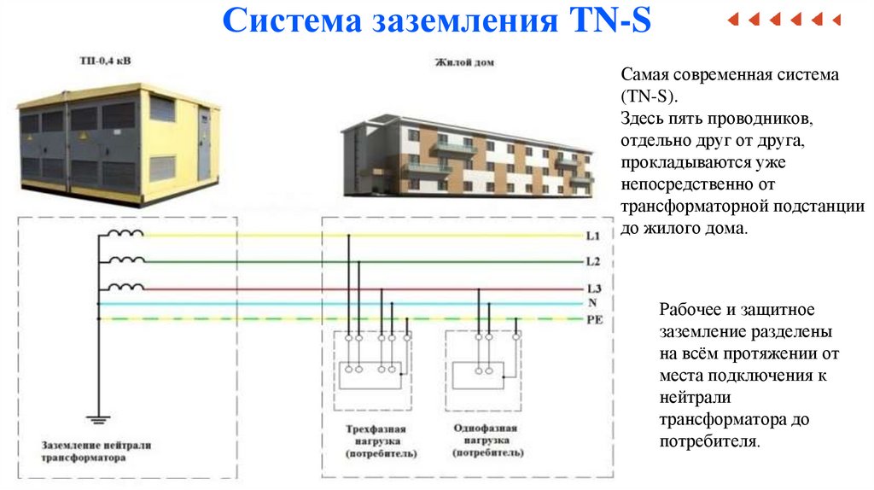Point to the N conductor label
click(x=591, y=303)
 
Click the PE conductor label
click(x=595, y=318)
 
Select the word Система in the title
click(x=290, y=20)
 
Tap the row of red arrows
click(x=784, y=19)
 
